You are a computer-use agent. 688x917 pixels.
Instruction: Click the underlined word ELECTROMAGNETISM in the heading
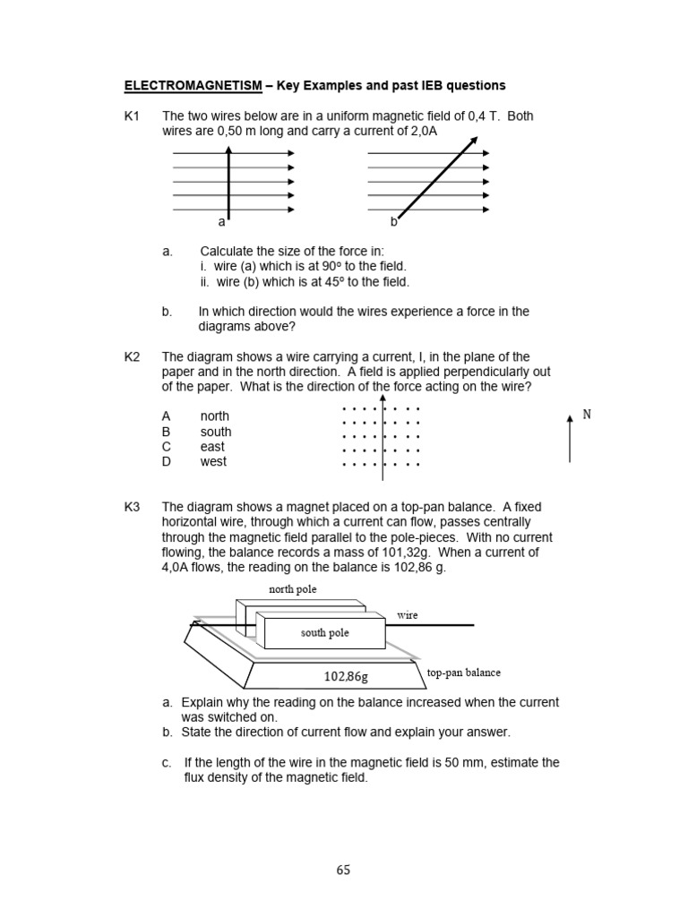coord(193,86)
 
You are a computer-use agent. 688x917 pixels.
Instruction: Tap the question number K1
coord(133,116)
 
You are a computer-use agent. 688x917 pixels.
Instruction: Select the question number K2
coord(133,356)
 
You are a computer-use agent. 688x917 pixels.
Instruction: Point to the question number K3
coord(133,507)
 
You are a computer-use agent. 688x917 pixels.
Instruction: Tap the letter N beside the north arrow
coord(587,414)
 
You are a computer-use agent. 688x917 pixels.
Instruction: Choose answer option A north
coord(196,416)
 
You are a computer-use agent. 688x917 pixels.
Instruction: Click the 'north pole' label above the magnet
coord(293,589)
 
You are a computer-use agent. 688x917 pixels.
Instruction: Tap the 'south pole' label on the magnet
coord(324,633)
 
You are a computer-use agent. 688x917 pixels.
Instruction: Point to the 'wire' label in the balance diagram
coord(408,615)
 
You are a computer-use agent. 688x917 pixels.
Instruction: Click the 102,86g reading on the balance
coord(346,676)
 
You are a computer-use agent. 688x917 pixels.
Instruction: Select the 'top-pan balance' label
coord(464,672)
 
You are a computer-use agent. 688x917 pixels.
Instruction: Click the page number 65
coord(344,870)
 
